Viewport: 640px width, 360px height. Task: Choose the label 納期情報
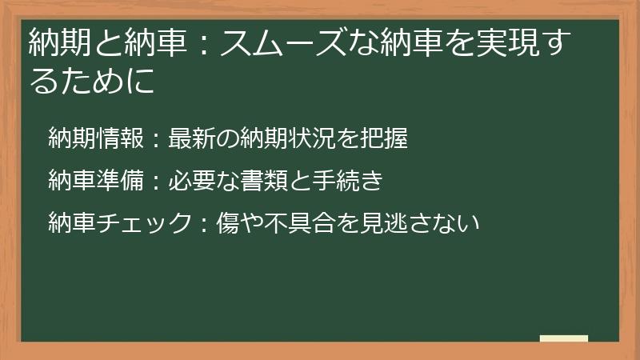[95, 139]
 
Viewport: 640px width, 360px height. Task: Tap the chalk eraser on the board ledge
[564, 338]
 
